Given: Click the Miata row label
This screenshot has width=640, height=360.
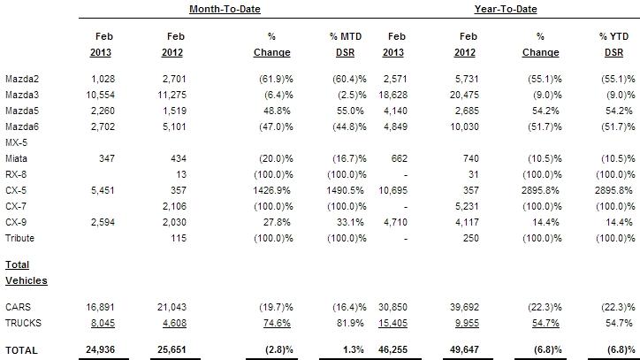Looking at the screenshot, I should tap(15, 157).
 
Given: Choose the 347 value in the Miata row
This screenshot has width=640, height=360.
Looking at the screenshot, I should tap(110, 157).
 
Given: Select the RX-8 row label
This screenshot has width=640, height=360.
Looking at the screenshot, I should tap(15, 172).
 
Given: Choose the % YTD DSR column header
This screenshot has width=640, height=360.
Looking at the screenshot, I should tap(615, 43).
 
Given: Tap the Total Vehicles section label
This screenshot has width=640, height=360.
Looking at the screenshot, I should tap(26, 272).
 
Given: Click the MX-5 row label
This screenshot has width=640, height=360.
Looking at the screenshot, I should tap(15, 142).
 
